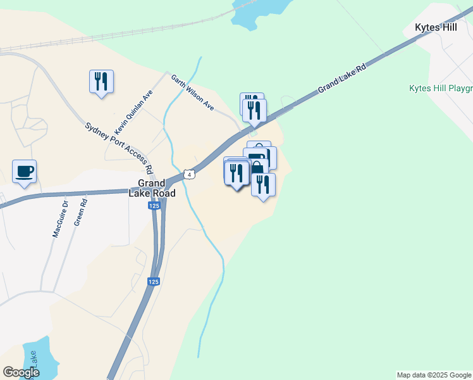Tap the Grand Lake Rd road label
pos(342,78)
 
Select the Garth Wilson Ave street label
pos(192,92)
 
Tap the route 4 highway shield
pos(189,174)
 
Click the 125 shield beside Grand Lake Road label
pos(154,206)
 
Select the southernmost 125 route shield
pos(154,282)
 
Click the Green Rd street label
pos(80,212)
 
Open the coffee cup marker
pos(24,172)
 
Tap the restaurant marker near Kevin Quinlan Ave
pos(101,82)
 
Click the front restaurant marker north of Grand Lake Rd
pos(254,110)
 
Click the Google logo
pos(21,372)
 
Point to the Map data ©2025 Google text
pos(434,375)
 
